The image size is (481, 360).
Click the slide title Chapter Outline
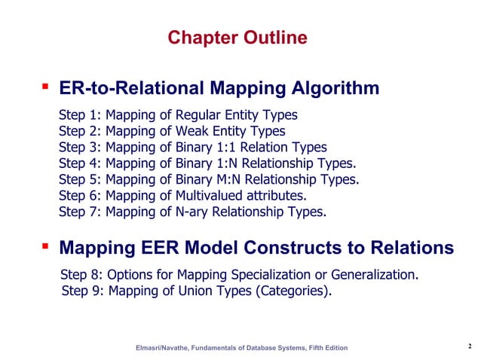pos(237,38)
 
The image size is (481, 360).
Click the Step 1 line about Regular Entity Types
pos(178,115)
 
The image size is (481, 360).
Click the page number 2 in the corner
pos(469,346)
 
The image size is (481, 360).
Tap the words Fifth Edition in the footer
pos(326,347)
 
